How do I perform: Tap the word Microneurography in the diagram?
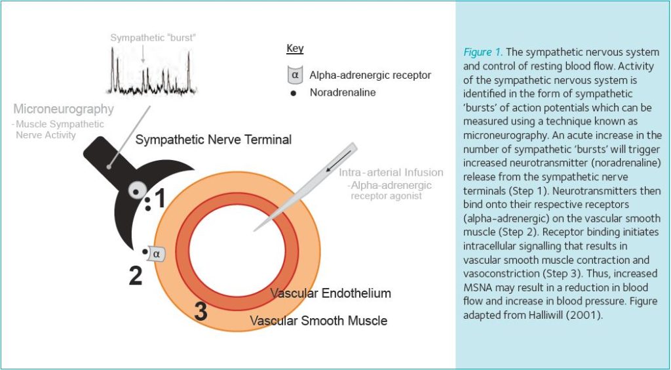click(x=64, y=109)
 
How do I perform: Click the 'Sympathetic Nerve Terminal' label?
click(x=214, y=139)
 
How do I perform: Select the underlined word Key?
click(x=295, y=49)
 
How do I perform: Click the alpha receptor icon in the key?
click(x=295, y=75)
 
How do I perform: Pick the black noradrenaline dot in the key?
click(x=294, y=93)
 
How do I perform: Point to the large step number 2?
click(x=135, y=276)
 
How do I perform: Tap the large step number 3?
click(x=201, y=312)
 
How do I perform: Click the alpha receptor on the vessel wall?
click(x=157, y=253)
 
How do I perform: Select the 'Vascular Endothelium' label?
click(x=330, y=293)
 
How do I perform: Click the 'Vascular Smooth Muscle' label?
click(x=318, y=321)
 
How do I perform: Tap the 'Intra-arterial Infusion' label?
click(x=391, y=173)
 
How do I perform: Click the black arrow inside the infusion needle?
click(x=337, y=161)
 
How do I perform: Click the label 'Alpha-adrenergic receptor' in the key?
click(x=370, y=75)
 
